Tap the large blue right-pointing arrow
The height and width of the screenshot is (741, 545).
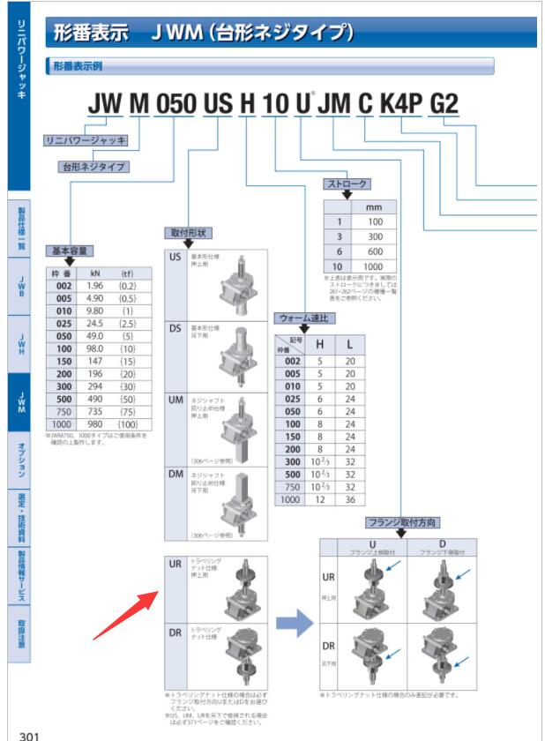tap(295, 625)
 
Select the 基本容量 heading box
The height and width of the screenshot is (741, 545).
tap(69, 251)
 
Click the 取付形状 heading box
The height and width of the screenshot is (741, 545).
tap(187, 233)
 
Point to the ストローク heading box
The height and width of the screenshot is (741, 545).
tap(347, 184)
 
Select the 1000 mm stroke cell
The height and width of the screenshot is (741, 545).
tap(375, 266)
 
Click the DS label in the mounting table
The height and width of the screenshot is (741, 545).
tap(176, 327)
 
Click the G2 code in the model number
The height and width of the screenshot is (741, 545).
tap(444, 104)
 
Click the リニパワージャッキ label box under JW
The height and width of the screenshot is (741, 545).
tap(86, 140)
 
